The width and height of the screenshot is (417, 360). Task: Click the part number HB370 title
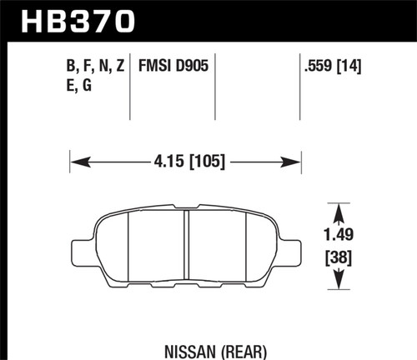click(x=74, y=20)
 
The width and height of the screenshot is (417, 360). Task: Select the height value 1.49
click(x=337, y=236)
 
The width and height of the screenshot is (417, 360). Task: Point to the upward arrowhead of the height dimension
click(x=337, y=207)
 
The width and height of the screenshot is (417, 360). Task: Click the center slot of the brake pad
click(x=185, y=247)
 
